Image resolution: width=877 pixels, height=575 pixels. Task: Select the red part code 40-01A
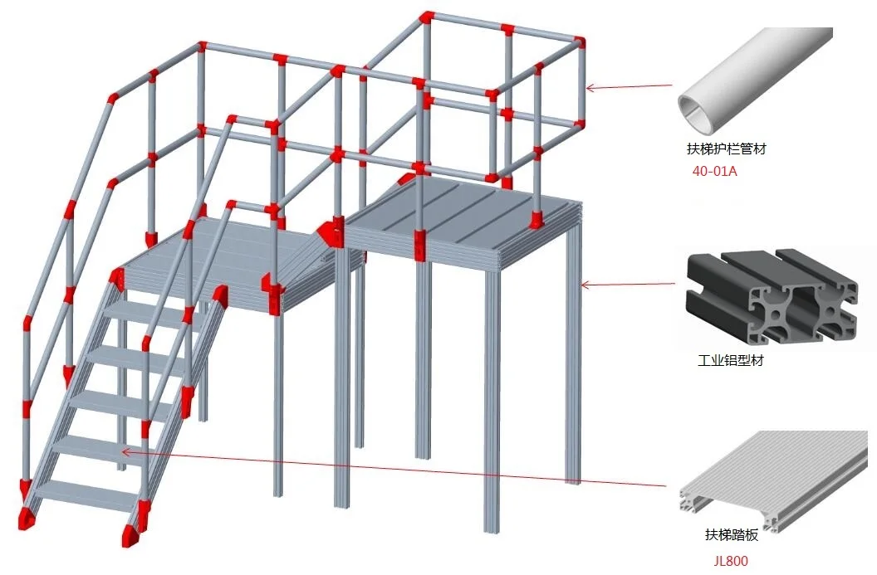(x=714, y=172)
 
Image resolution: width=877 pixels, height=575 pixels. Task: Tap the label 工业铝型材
(x=732, y=362)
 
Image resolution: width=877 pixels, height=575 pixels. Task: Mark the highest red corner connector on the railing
(x=426, y=17)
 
